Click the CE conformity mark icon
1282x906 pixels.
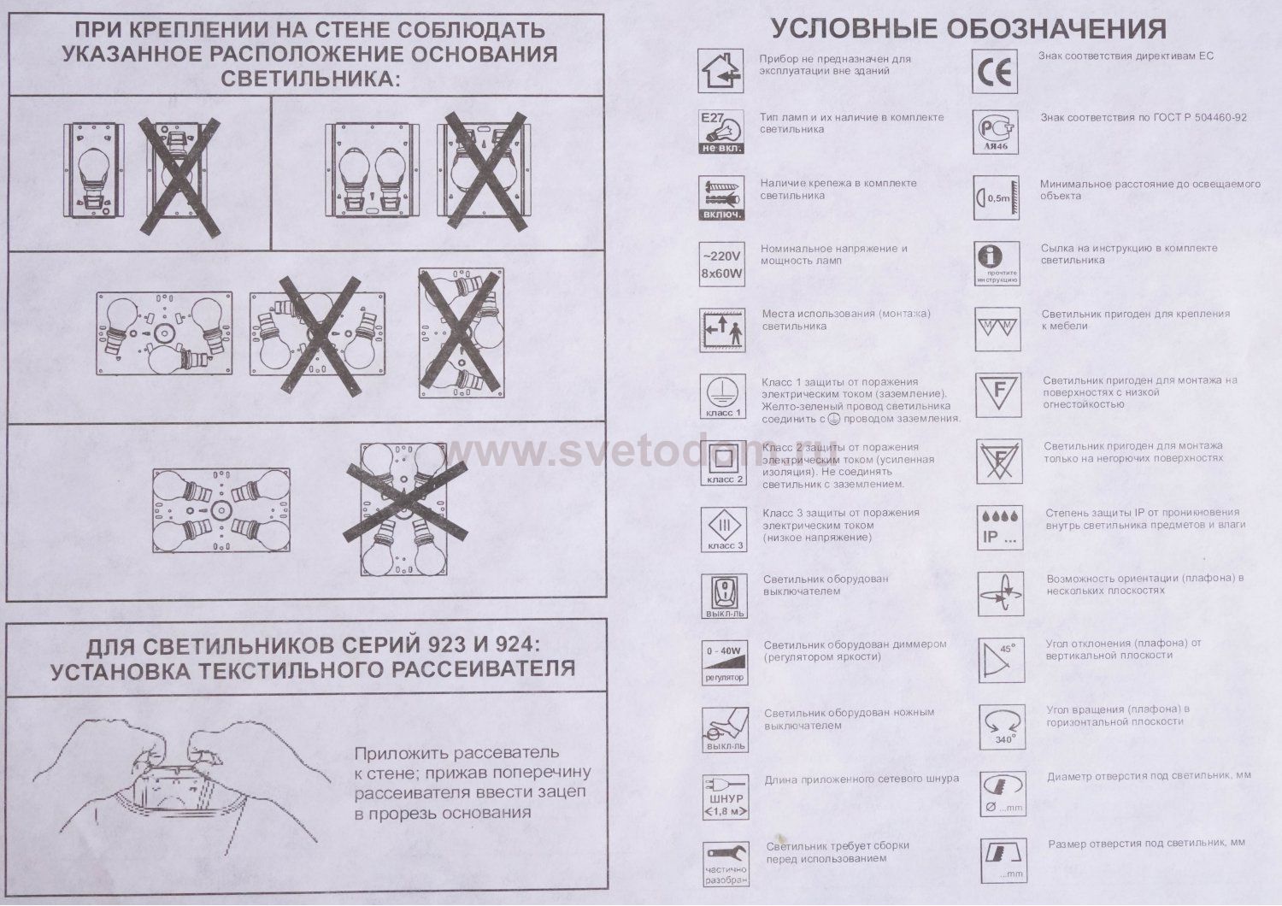coord(996,71)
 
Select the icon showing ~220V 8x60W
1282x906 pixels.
coord(721,263)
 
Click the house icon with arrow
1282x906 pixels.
coord(720,70)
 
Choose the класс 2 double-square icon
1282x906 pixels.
coord(723,462)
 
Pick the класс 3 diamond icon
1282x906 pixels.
coord(723,528)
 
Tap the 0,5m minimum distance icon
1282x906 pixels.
coord(997,197)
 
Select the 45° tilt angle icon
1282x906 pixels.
coord(998,660)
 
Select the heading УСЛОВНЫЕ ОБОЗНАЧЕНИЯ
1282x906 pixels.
coord(969,29)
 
